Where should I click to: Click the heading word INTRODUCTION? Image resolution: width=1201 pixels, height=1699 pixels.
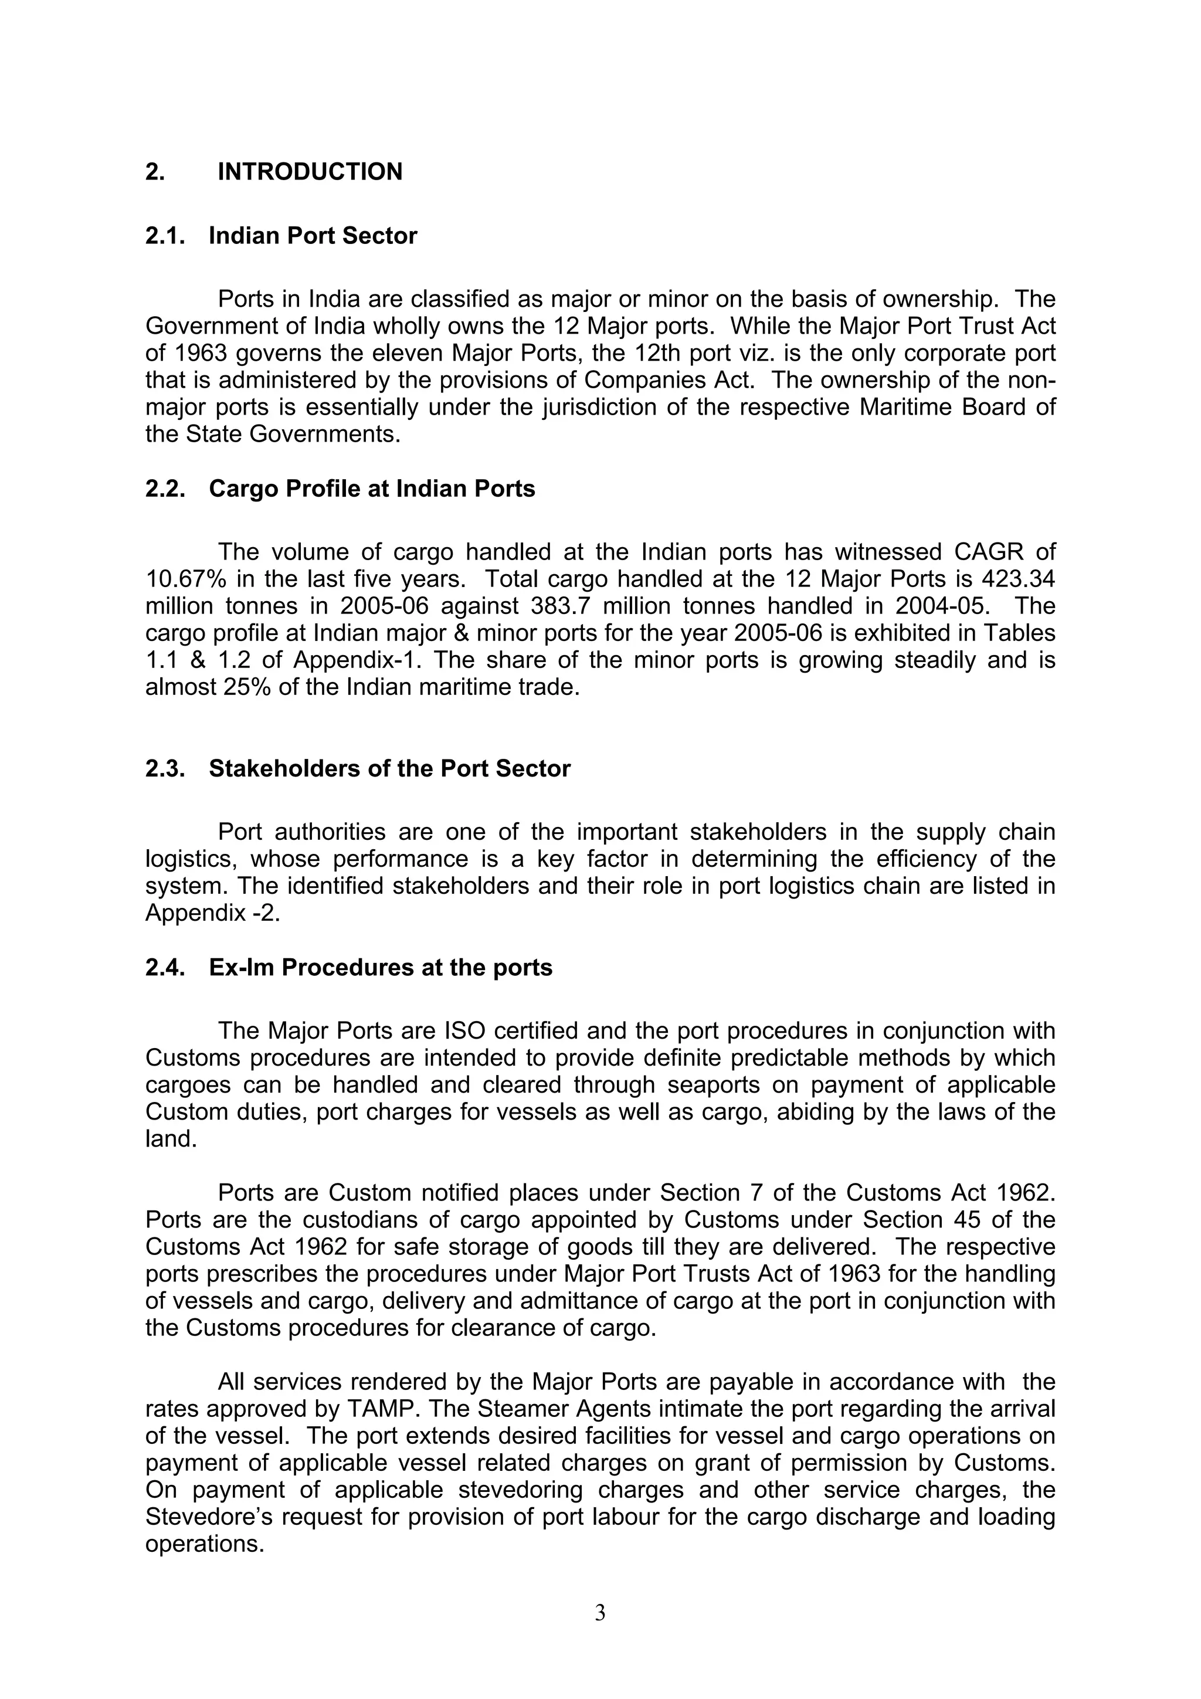310,172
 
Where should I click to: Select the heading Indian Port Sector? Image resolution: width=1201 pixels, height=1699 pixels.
313,235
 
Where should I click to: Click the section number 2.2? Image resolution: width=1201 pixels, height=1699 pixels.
164,489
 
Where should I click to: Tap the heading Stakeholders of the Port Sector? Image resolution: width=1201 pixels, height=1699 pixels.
389,768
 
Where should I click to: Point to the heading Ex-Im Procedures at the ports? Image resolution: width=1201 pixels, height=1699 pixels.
381,967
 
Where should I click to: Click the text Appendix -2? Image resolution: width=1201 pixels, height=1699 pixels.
212,913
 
